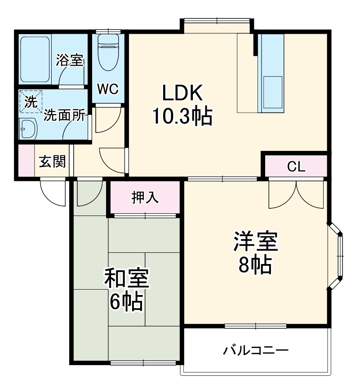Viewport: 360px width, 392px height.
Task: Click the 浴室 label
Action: pos(70,61)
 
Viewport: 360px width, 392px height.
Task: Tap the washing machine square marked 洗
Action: pos(31,101)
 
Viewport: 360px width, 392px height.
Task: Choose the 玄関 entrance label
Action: pos(52,161)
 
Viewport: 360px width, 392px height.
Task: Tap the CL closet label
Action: pos(296,167)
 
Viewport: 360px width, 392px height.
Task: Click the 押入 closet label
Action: pos(145,198)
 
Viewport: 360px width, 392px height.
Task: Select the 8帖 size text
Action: pos(254,266)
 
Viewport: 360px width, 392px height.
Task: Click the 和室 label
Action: pos(126,279)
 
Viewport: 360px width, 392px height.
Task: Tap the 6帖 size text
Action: pos(126,303)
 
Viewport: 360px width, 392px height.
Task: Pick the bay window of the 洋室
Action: pos(338,255)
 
